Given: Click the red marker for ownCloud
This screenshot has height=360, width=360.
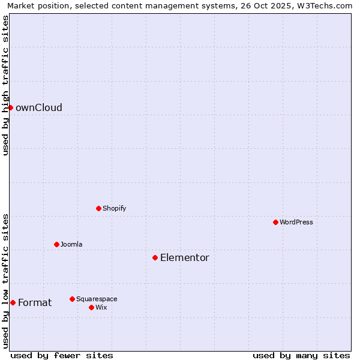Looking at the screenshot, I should click(x=10, y=107).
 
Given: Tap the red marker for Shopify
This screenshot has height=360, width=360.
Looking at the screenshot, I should click(x=98, y=208).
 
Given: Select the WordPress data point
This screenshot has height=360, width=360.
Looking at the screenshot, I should click(x=275, y=222).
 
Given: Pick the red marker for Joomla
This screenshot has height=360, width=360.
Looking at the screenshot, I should click(x=56, y=244).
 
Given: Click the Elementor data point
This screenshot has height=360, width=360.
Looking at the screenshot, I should click(x=155, y=257).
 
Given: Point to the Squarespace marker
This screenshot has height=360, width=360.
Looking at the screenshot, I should click(x=72, y=299).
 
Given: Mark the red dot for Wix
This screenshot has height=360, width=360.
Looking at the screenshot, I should click(x=91, y=307).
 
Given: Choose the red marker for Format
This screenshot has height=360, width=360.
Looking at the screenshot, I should click(x=13, y=302).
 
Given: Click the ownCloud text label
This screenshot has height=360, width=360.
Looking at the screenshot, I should click(x=39, y=108).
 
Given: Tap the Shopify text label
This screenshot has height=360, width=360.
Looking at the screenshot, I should click(x=114, y=209).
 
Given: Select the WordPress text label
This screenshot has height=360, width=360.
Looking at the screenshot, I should click(x=296, y=223).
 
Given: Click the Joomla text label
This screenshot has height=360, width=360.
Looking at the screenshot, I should click(x=71, y=245).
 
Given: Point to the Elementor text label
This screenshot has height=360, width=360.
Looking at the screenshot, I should click(x=185, y=258).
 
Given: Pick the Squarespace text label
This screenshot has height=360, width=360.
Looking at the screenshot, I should click(x=97, y=299).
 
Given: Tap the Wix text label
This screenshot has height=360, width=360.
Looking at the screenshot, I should click(x=101, y=308).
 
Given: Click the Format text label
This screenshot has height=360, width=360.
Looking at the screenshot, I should click(x=35, y=303).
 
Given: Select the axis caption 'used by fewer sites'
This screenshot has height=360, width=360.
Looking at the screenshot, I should click(x=62, y=355).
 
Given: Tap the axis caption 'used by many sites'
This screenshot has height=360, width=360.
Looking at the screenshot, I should click(x=301, y=355).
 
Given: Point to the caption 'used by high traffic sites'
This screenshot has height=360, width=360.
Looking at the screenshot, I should click(x=6, y=85).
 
